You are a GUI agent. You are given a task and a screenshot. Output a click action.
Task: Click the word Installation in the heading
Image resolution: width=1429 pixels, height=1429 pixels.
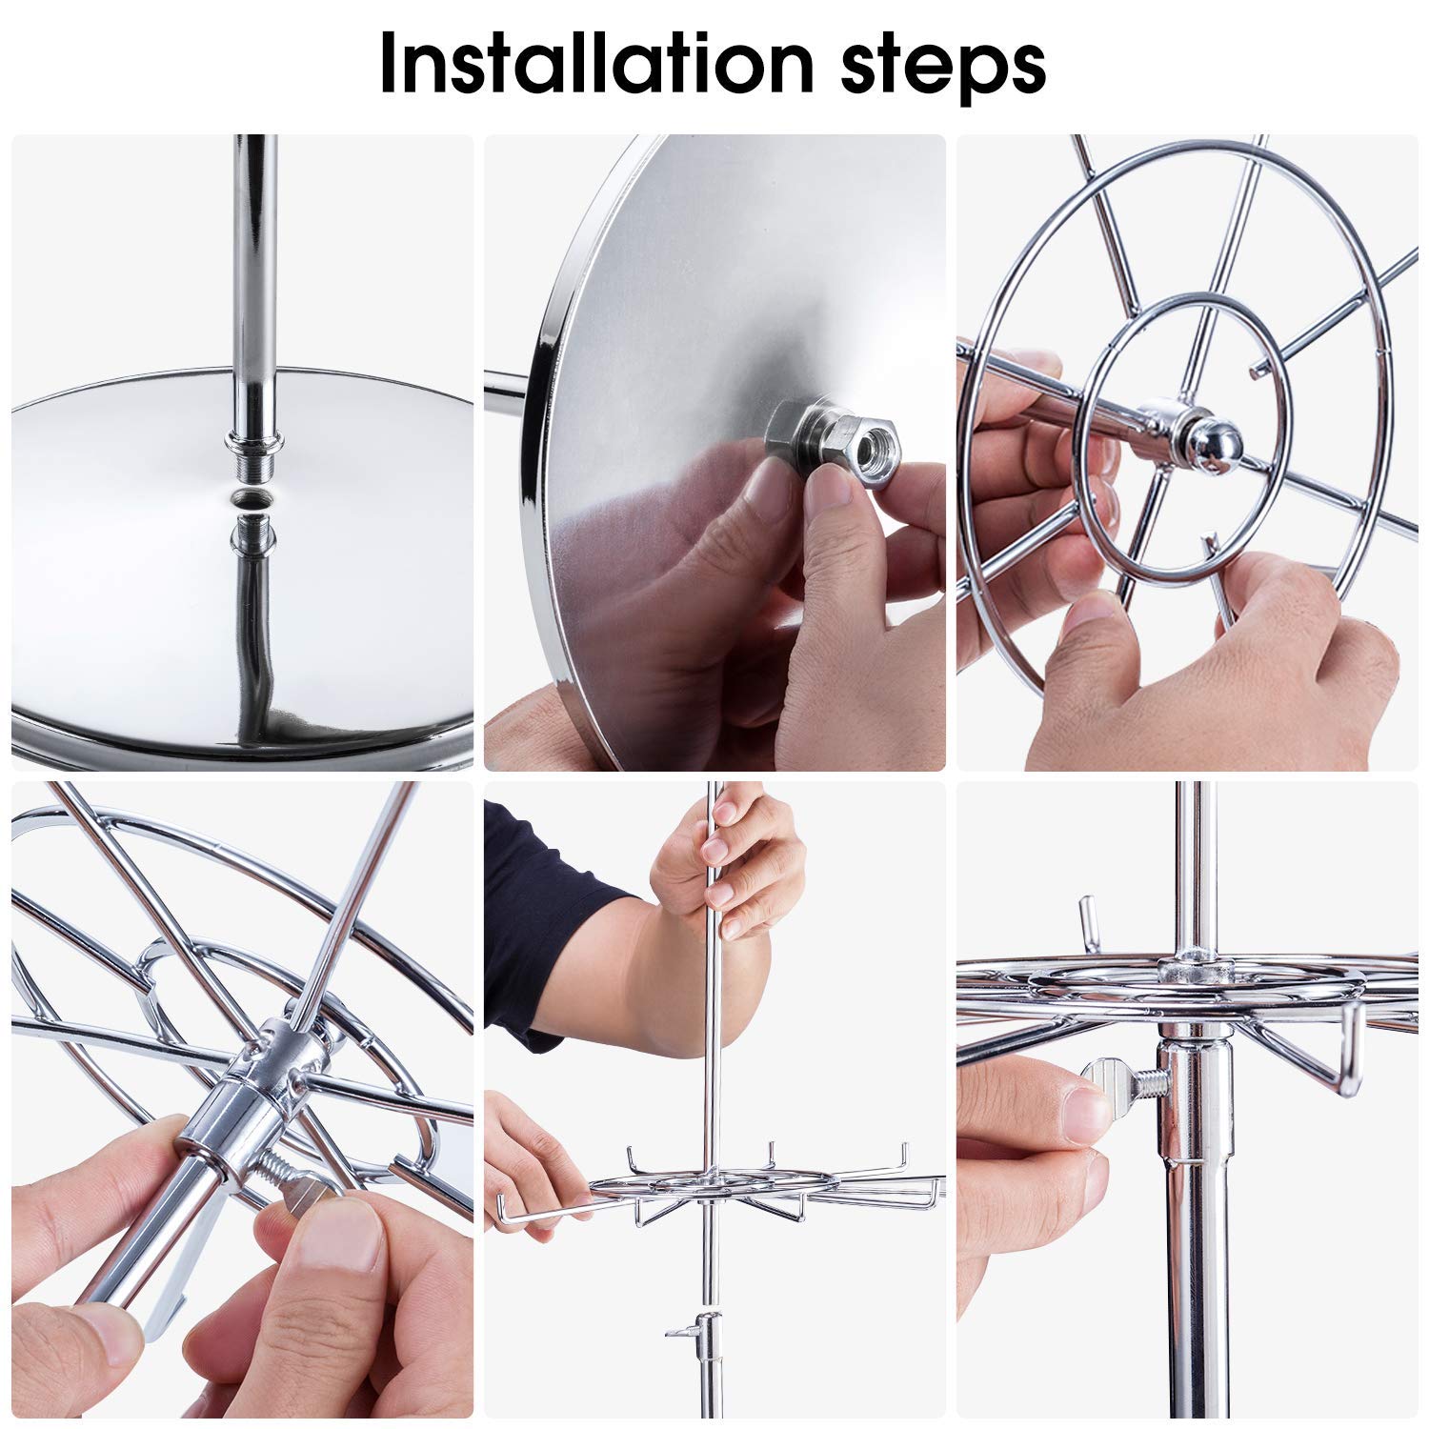[591, 64]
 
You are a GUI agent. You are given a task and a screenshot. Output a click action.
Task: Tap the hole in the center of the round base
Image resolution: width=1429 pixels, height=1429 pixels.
[251, 497]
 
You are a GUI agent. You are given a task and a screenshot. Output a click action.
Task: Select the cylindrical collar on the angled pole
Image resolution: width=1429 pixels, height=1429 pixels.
[224, 1115]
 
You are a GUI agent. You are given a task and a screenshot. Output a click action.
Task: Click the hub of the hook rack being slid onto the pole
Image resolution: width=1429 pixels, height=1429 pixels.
[710, 1189]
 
